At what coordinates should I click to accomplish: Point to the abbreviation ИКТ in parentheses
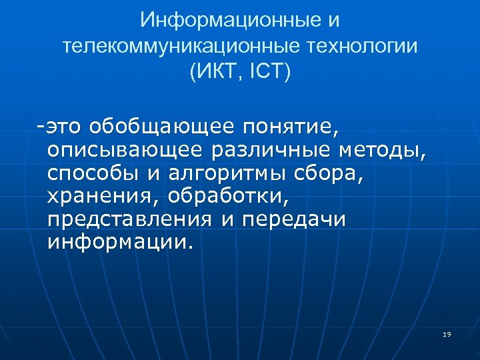tap(213, 72)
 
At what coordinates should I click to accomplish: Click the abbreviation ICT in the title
tap(265, 72)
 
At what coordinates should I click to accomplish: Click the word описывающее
tap(125, 150)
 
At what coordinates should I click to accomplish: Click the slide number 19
tap(447, 333)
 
